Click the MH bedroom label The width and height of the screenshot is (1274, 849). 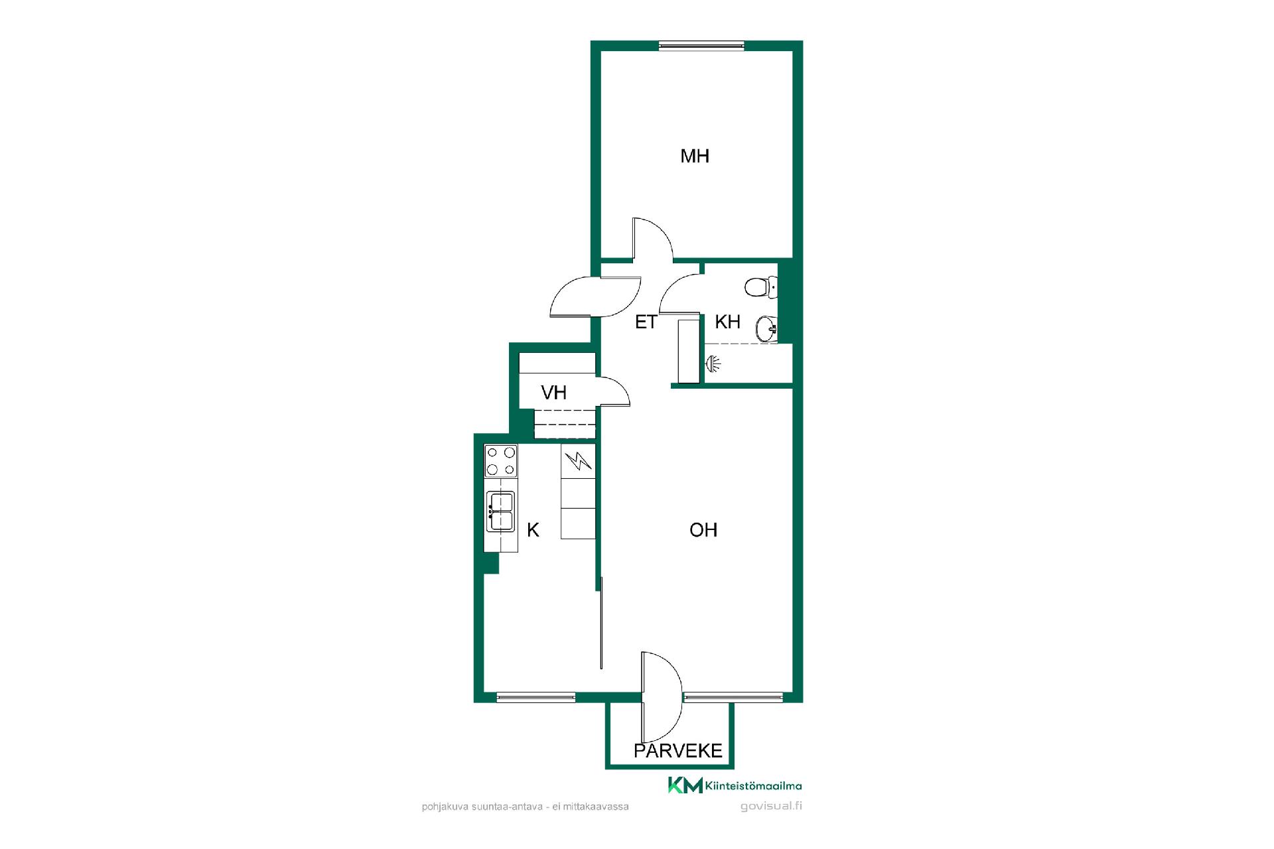point(695,156)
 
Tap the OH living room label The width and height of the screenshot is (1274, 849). point(703,530)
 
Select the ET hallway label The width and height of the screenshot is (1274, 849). point(646,322)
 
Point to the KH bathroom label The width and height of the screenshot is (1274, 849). point(727,322)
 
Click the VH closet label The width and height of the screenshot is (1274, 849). point(553,393)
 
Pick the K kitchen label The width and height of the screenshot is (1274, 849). point(533,530)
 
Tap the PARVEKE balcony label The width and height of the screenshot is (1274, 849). point(677,751)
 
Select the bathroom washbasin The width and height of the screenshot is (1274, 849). point(766,328)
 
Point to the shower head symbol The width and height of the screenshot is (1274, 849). point(713,363)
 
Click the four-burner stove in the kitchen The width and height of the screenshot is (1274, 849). point(501,461)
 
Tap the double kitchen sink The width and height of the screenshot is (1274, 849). point(501,511)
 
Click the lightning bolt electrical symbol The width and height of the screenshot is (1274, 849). point(579,460)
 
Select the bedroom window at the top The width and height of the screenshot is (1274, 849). point(701,45)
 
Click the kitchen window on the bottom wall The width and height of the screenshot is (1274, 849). point(536,697)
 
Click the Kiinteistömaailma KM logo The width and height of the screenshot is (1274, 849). point(735,785)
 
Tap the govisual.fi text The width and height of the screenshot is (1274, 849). point(771,807)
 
